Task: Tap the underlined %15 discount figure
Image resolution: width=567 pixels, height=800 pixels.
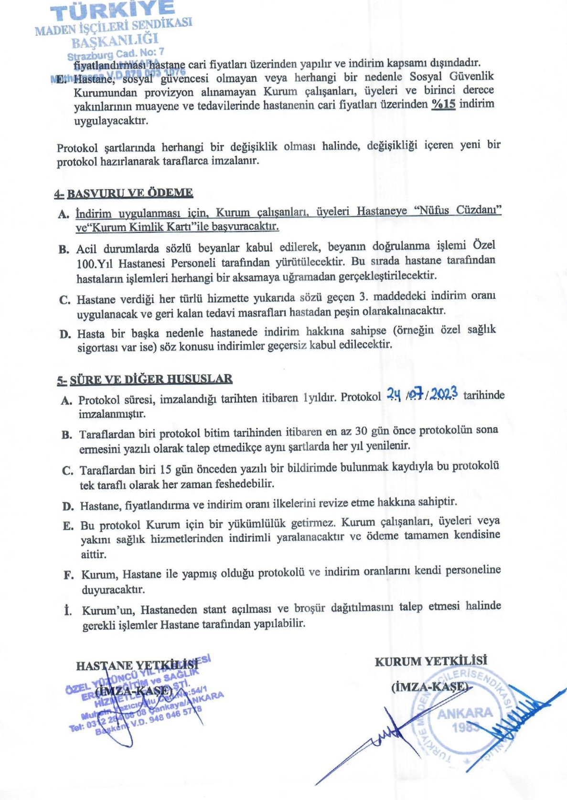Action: coord(443,104)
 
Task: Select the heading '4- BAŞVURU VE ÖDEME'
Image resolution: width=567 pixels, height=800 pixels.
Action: coord(124,193)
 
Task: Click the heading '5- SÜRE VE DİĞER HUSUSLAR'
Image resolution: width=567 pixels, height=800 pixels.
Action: coord(145,380)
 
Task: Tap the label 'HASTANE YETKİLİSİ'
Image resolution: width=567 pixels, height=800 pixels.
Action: coord(137,665)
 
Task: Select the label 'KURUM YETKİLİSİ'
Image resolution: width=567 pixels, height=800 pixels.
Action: coord(431,661)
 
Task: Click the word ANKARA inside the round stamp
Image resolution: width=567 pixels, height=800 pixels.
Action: coord(464,713)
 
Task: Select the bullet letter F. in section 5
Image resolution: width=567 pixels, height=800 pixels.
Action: coord(69,575)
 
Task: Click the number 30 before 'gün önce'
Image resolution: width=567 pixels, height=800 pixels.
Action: coord(361,431)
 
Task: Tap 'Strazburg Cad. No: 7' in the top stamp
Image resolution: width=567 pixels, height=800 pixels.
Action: coord(116,53)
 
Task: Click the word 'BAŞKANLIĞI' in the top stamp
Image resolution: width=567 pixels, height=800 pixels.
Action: coord(115,40)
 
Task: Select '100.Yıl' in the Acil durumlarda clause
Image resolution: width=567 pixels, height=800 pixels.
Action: coord(95,263)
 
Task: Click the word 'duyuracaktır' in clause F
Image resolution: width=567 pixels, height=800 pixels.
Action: coord(113,589)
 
